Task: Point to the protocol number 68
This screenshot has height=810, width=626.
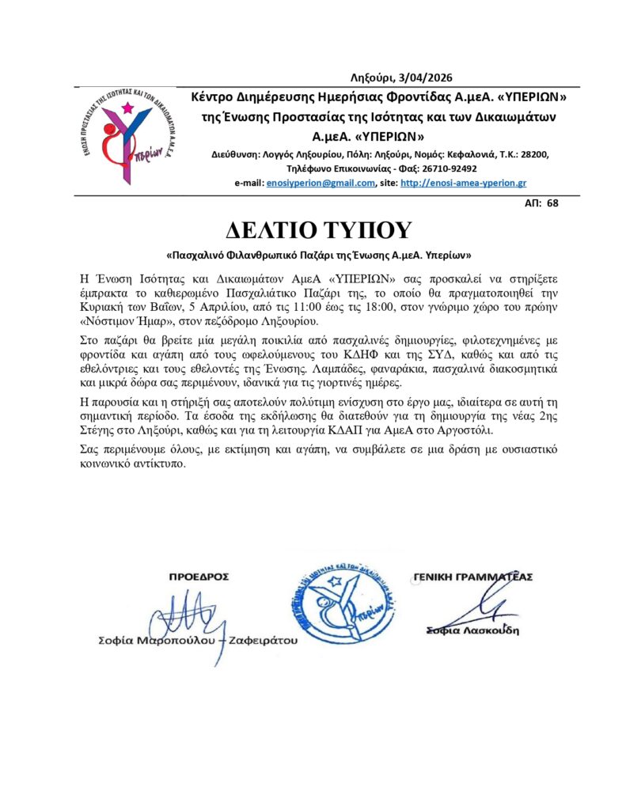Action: [552, 203]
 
